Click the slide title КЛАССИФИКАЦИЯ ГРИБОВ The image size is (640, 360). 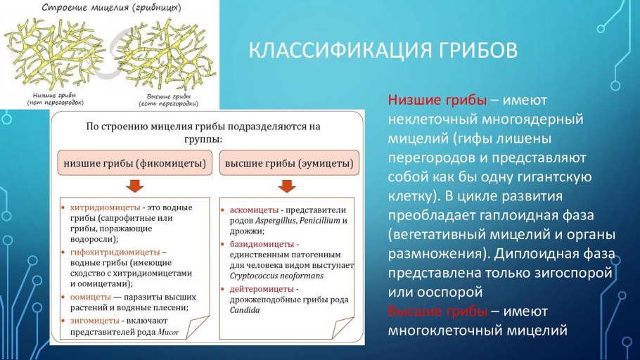pyautogui.click(x=383, y=51)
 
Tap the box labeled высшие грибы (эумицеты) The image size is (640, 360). pyautogui.click(x=288, y=163)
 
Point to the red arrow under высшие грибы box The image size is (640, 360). pyautogui.click(x=286, y=186)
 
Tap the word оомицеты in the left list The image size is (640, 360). pyautogui.click(x=91, y=297)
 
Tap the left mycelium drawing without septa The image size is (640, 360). pyautogui.click(x=56, y=54)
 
